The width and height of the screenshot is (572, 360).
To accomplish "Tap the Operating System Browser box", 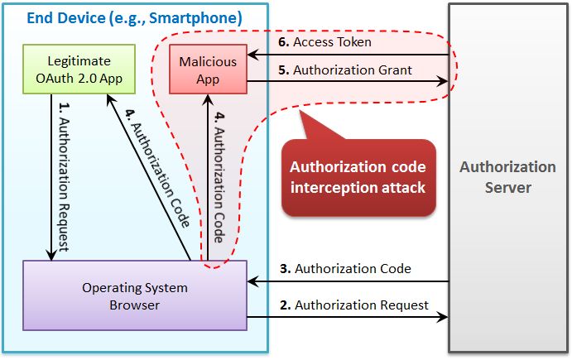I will (135, 296).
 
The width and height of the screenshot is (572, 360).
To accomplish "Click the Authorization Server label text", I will (507, 177).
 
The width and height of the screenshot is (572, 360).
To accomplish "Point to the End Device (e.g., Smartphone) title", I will (134, 17).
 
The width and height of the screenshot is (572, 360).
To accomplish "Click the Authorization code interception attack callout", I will (358, 177).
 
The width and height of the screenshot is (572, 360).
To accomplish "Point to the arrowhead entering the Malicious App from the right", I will (252, 55).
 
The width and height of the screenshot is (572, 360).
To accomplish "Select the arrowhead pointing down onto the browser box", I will (51, 257).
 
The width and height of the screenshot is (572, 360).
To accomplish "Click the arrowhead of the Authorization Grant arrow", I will (445, 82).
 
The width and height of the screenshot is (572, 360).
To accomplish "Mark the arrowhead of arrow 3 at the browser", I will (252, 281).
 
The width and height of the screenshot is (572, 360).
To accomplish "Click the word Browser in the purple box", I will (135, 305).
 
